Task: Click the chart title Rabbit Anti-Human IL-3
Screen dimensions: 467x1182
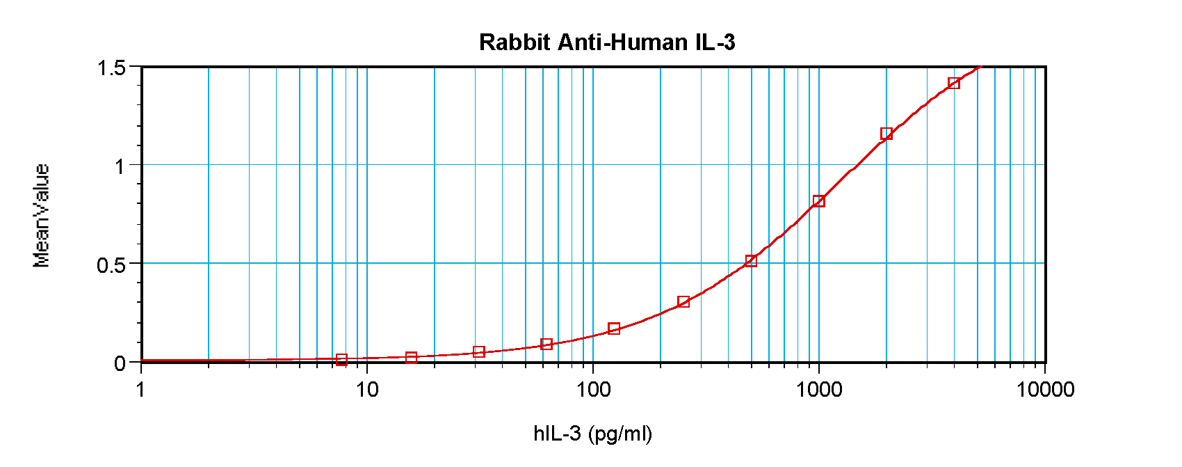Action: coord(606,42)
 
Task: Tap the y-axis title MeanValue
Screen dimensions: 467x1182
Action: coord(42,216)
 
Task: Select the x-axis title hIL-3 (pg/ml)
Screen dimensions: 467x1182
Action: coord(592,434)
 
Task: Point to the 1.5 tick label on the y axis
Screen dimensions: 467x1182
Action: coord(111,68)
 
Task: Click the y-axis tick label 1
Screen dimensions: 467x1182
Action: coord(120,166)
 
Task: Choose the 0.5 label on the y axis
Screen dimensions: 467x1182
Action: coord(111,265)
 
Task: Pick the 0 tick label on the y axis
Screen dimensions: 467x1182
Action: coord(120,363)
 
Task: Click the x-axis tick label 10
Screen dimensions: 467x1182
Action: coord(367,390)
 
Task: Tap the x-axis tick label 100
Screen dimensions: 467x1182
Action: coord(593,390)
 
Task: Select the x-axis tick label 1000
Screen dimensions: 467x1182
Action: coord(819,390)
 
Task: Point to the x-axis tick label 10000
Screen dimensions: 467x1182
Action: coord(1045,390)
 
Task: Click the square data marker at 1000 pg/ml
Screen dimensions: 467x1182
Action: coord(819,201)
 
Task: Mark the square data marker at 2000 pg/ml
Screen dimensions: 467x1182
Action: coord(886,134)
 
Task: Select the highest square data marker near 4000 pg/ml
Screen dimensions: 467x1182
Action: coord(954,84)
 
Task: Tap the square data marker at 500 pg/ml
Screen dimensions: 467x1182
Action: coord(751,261)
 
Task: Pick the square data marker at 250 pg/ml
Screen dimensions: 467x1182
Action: coord(683,301)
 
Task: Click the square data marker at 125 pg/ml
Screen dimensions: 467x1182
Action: coord(614,329)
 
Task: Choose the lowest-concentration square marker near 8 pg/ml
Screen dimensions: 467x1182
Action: coord(341,359)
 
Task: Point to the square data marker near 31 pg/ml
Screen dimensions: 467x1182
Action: coord(478,351)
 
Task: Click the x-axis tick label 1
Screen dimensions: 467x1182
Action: coord(141,390)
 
